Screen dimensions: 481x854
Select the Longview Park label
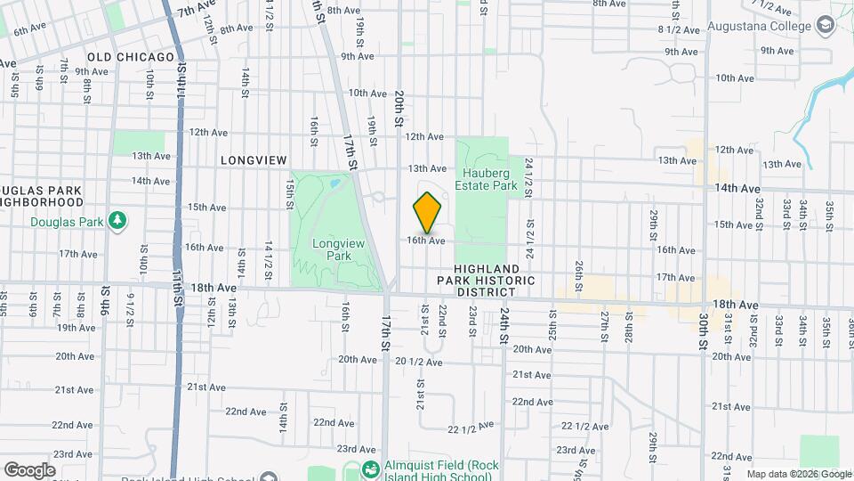click(331, 249)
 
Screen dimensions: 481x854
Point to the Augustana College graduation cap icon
click(826, 26)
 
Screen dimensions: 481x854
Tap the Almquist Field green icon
click(373, 468)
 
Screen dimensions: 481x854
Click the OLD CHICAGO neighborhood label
click(131, 57)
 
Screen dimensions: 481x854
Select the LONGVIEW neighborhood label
click(254, 160)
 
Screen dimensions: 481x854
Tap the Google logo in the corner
click(28, 469)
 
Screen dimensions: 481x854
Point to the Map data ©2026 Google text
click(799, 474)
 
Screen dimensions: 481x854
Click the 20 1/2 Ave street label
click(419, 362)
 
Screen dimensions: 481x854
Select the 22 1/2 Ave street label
click(471, 428)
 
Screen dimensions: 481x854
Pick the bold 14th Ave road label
click(737, 189)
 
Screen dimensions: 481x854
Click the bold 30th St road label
click(703, 329)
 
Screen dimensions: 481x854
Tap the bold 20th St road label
click(399, 107)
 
